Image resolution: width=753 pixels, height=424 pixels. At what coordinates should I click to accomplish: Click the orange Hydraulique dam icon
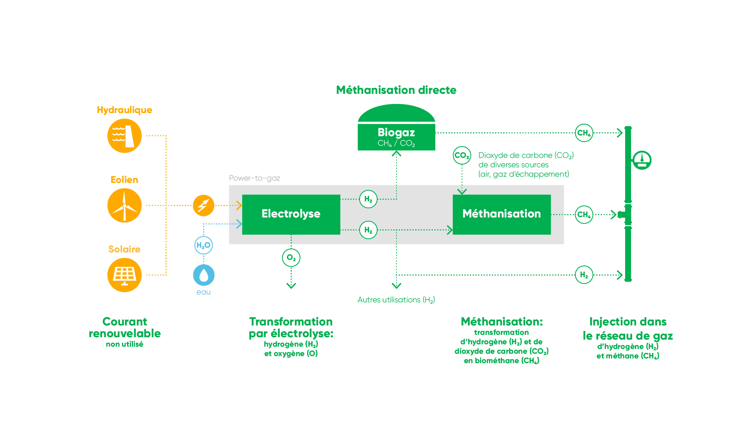[x=124, y=136]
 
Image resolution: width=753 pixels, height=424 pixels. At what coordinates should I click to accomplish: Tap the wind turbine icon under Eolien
[x=124, y=205]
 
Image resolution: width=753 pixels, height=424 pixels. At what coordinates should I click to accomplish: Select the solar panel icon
[x=124, y=275]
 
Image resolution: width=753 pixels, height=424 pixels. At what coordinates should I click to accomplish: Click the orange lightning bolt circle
[x=204, y=205]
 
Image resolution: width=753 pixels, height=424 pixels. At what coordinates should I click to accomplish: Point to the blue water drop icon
[x=204, y=275]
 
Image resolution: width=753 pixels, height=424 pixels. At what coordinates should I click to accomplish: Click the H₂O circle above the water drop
[x=204, y=245]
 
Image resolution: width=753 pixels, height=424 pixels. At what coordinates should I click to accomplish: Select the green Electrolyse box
[x=291, y=214]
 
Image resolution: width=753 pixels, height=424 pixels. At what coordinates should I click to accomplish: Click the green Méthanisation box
[x=502, y=214]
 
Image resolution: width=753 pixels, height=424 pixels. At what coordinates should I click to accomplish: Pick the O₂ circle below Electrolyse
[x=291, y=258]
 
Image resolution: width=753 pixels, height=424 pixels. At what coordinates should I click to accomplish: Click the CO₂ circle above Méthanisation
[x=462, y=155]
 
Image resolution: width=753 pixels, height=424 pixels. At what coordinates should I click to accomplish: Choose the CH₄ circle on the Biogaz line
[x=584, y=133]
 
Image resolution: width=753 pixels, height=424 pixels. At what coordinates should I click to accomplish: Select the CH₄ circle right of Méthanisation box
[x=584, y=215]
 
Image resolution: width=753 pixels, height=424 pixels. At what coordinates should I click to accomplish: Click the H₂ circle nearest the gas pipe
[x=584, y=275]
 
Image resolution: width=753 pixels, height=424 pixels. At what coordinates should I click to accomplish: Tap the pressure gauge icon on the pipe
[x=642, y=160]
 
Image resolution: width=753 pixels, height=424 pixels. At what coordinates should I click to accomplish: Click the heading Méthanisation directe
[x=396, y=90]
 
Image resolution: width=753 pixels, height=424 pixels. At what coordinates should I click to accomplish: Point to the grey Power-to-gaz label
[x=255, y=178]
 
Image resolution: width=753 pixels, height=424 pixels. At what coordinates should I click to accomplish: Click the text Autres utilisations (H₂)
[x=396, y=300]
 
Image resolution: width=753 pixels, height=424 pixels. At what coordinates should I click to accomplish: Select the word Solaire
[x=124, y=249]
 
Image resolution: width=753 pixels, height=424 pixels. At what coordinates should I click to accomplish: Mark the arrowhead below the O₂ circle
[x=291, y=286]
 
